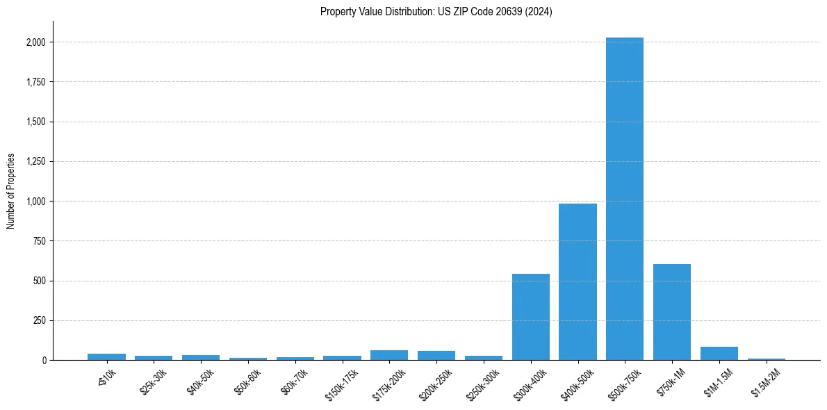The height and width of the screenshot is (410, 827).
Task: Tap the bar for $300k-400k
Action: click(531, 317)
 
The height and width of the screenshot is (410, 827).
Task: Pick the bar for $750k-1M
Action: click(672, 312)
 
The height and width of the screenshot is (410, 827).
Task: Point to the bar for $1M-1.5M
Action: click(719, 354)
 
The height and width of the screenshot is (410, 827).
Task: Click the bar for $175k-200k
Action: click(389, 355)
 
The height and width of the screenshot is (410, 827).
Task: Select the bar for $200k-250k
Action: click(436, 356)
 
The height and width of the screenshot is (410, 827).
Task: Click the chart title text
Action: click(436, 12)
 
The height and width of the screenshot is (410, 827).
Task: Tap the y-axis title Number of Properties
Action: click(11, 190)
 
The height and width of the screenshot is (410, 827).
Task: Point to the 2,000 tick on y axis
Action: click(36, 42)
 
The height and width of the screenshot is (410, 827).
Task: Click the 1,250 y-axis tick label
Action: click(36, 162)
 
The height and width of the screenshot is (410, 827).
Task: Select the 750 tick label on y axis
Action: click(40, 241)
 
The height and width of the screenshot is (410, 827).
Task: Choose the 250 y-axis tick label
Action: click(40, 321)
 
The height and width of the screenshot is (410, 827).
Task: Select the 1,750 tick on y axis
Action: click(36, 82)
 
